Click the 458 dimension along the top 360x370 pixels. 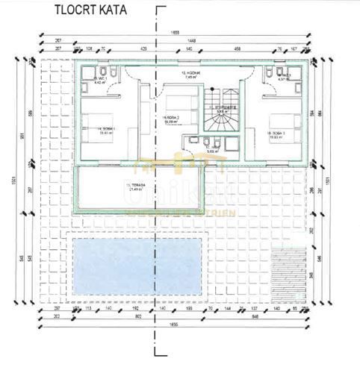[x=237, y=48]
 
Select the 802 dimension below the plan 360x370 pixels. [x=138, y=316]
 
